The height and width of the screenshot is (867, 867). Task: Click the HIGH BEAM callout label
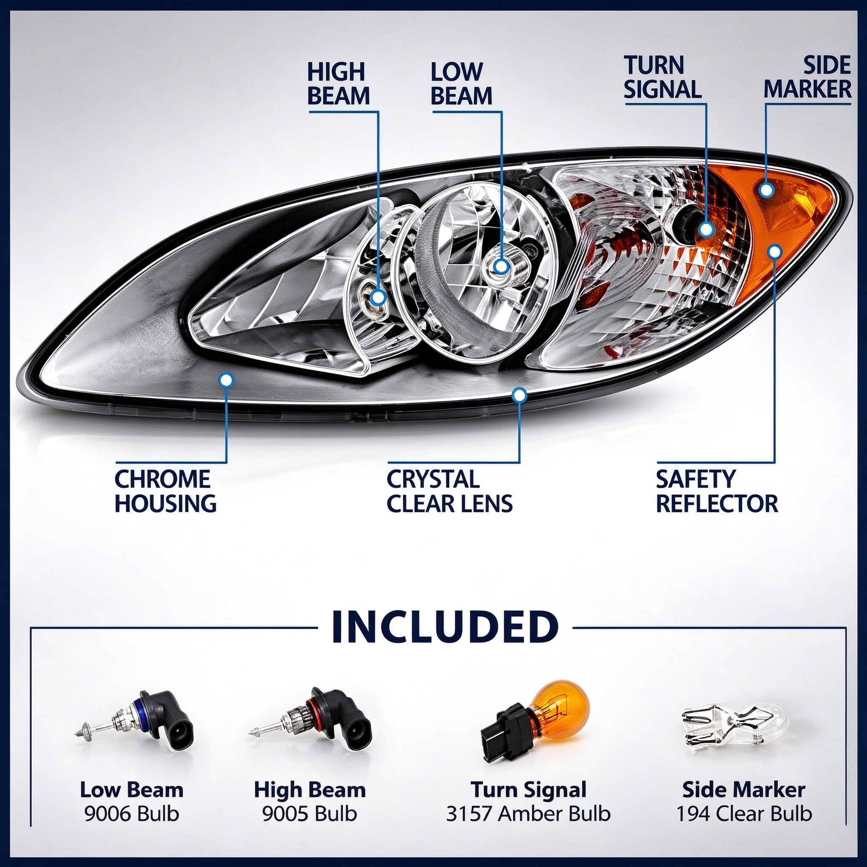(338, 84)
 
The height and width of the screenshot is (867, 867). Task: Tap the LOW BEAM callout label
(461, 84)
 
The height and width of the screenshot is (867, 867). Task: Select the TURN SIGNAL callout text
(663, 77)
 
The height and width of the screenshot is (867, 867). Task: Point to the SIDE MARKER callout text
(807, 77)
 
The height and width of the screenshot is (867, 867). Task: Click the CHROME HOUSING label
(166, 491)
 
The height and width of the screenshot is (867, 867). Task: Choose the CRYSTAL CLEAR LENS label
(449, 491)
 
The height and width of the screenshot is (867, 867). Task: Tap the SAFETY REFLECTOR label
(717, 491)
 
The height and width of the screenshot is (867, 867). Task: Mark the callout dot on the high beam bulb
(378, 297)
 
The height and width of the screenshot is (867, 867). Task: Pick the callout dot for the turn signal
(707, 229)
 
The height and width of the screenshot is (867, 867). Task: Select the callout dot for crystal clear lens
(520, 395)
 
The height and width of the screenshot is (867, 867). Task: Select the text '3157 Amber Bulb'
(528, 814)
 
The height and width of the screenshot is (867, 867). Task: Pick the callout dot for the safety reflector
(775, 252)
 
